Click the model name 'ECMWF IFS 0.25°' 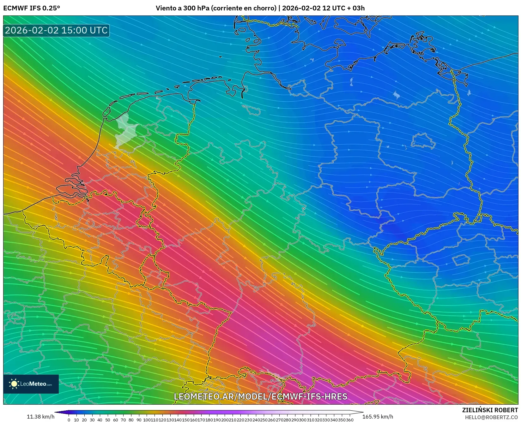coord(32,8)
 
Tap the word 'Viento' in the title coord(166,8)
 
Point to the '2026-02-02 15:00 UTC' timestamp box coord(56,30)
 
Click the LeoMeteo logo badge coord(31,384)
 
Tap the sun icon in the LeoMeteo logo coord(14,384)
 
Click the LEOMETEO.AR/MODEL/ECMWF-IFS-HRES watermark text coord(261,396)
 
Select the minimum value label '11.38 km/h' coord(40,417)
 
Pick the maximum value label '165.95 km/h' coord(378,417)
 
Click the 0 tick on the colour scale coord(69,420)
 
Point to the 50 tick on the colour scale coord(107,420)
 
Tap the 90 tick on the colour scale coord(139,420)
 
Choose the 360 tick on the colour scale coord(349,420)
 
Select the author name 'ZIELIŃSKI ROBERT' coord(490,410)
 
